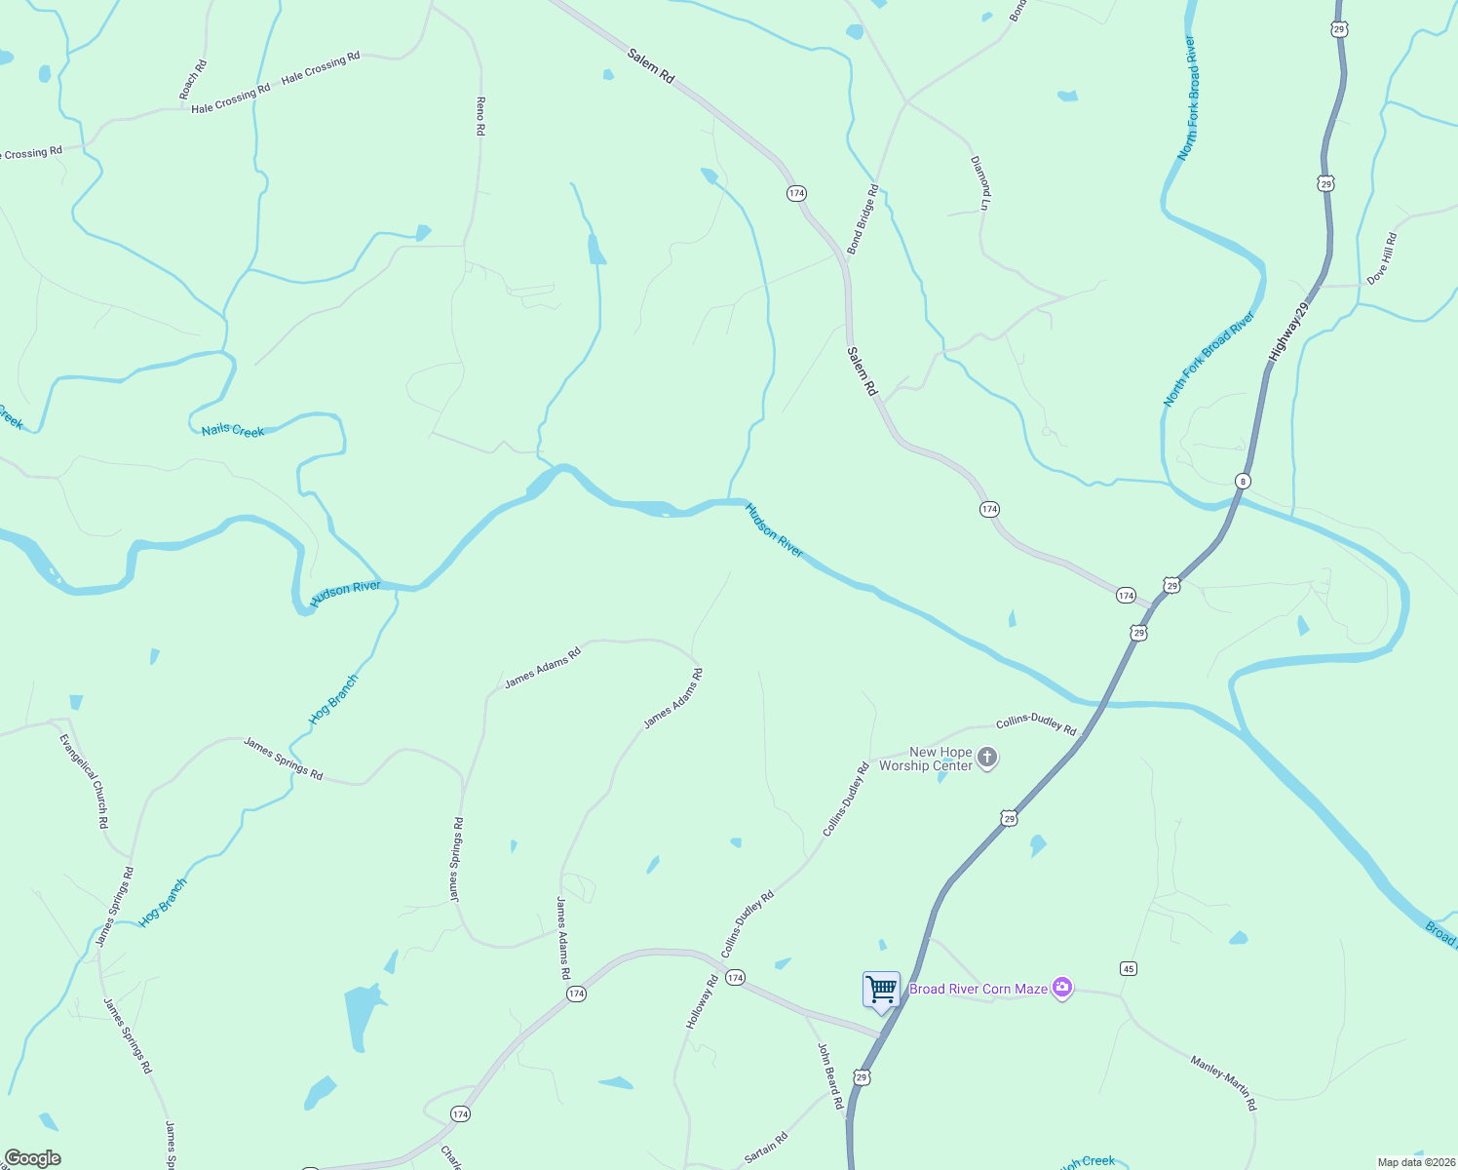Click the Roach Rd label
pos(193,80)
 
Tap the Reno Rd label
pos(480,115)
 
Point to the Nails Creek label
pos(233,430)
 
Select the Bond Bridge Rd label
pos(863,220)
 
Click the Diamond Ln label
pos(980,182)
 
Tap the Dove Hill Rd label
pos(1381,258)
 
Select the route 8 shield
pos(1242,481)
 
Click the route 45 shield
pos(1129,968)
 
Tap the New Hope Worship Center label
pos(926,759)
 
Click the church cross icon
pos(987,758)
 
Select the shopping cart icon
pos(881,990)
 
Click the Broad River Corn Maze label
pos(978,989)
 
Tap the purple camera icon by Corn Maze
pos(1062,989)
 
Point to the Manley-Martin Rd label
pos(1224,1082)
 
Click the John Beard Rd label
pos(829,1075)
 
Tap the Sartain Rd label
pos(765,1148)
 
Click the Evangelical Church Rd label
pos(84,781)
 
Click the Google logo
pos(33,1158)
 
